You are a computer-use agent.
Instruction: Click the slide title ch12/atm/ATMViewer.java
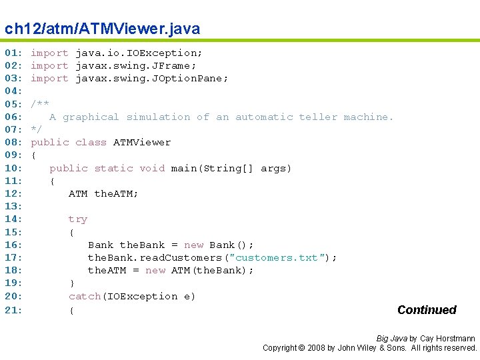coord(102,29)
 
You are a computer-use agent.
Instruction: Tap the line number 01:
coord(14,53)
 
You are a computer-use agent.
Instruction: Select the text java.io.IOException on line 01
coord(139,53)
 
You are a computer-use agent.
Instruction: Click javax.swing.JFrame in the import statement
coord(136,65)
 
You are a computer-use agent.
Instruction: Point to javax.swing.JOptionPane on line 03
coord(152,78)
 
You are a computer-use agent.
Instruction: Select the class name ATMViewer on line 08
coord(142,142)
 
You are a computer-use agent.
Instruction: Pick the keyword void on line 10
coord(152,168)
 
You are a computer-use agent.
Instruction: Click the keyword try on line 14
coord(78,219)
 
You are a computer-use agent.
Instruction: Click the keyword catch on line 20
coord(85,296)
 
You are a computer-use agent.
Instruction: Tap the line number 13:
coord(14,206)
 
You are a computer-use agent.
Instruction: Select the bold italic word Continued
coord(427,310)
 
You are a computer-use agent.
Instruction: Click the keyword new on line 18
coord(155,270)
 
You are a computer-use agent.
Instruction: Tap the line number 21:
coord(14,310)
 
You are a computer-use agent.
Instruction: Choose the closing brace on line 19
coord(72,283)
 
